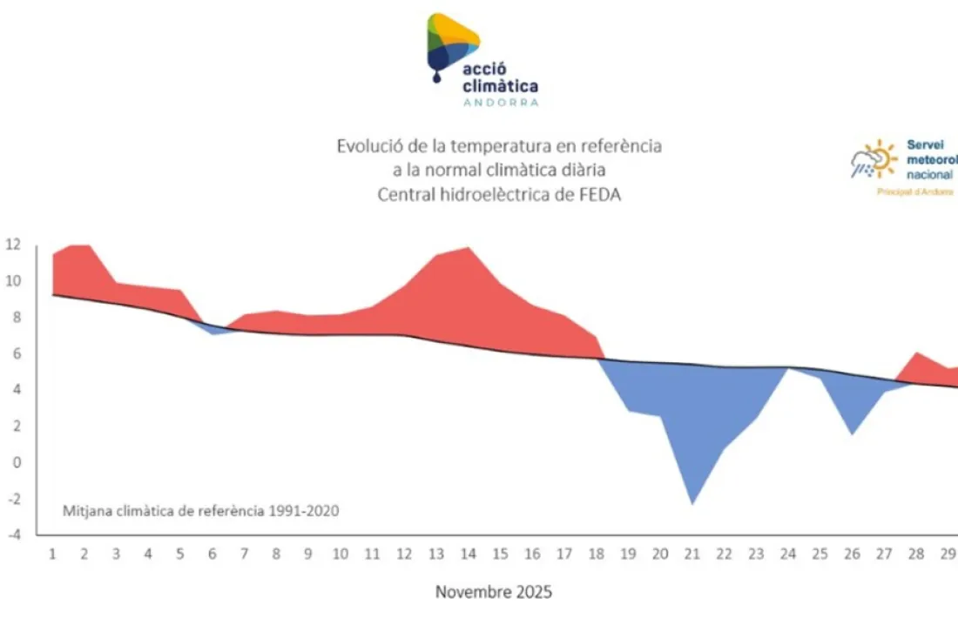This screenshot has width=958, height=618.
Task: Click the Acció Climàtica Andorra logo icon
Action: point(450,43)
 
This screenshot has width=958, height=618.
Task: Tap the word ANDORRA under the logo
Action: point(501,102)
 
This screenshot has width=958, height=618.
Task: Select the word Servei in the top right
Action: point(926,145)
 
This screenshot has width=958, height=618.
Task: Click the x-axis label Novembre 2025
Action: point(493,592)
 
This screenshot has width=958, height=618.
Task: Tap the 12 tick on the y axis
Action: point(11,245)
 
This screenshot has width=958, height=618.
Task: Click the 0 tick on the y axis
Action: point(14,462)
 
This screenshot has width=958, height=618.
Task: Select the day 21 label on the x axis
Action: point(692,554)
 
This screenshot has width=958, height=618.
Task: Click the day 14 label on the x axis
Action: point(469,554)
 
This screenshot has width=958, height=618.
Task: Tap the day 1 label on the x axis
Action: point(52,554)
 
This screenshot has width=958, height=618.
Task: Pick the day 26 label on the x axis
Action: point(852,554)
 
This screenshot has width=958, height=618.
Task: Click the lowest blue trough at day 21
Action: point(692,500)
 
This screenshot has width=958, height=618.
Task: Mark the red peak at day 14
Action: point(469,250)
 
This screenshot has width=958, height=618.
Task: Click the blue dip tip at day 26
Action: point(852,431)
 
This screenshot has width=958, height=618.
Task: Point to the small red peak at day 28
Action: point(916,355)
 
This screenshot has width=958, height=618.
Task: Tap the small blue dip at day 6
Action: point(213,332)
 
